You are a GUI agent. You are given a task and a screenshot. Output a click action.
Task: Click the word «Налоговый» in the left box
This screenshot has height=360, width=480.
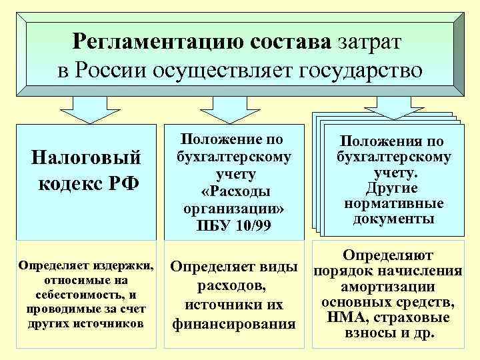pos(87,158)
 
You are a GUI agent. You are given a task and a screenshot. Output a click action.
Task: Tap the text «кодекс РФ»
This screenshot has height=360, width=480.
pos(87,182)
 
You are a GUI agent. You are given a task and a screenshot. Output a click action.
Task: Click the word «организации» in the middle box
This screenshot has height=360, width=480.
pos(230,207)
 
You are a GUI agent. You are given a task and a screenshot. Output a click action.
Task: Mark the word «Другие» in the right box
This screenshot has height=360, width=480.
pos(392,187)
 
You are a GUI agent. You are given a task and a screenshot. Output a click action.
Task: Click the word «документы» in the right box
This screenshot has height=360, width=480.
pos(392,219)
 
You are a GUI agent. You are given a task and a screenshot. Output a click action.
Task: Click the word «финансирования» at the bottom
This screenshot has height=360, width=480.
pos(234,325)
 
